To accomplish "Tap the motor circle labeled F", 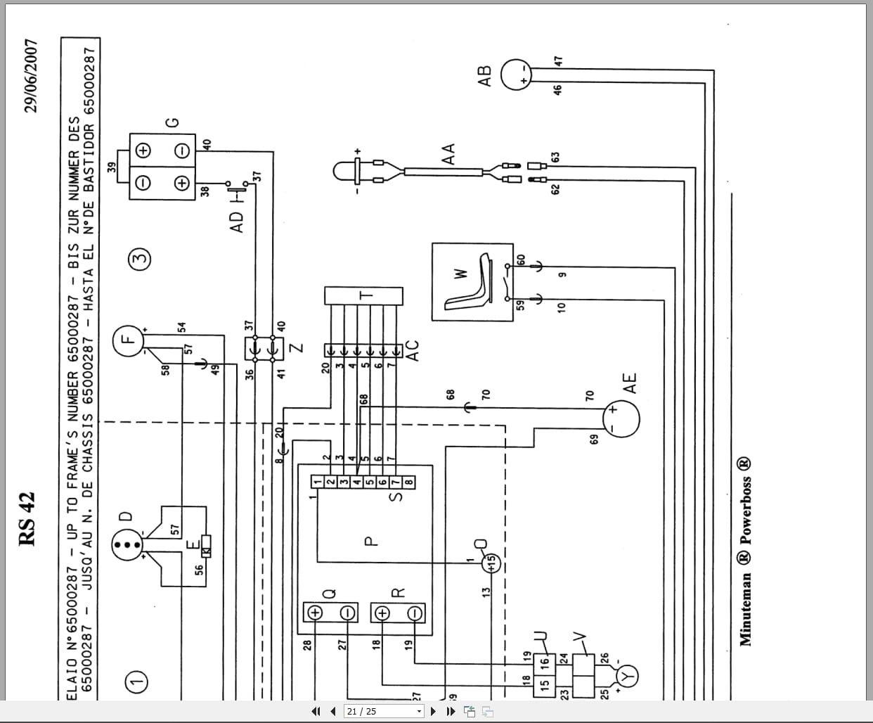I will pos(126,340).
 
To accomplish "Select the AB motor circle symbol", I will pos(518,75).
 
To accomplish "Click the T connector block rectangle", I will pos(363,295).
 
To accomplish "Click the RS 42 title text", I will pos(27,519).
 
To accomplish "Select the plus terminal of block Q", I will pos(314,613).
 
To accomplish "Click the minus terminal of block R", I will pos(415,613).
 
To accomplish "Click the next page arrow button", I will pos(433,711).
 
